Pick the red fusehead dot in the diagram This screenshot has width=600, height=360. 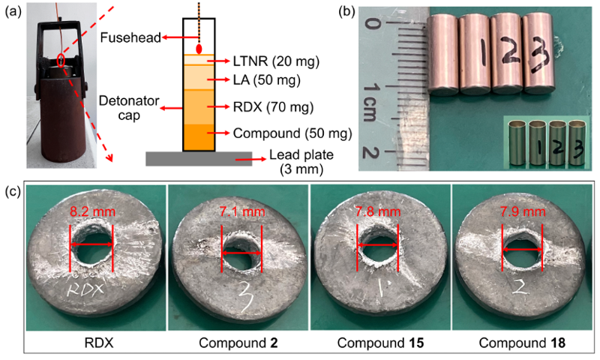coord(199,49)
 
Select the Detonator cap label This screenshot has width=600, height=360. coord(121,108)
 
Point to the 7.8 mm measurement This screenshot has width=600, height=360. coord(378,213)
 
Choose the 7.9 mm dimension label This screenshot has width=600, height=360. coord(523,213)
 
